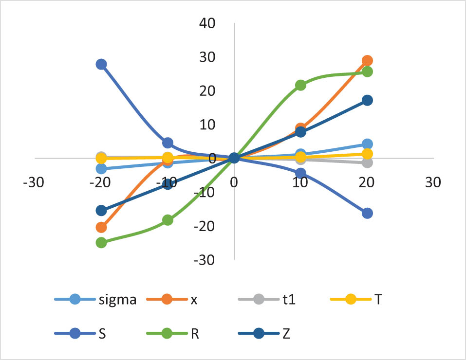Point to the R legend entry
click(x=181, y=333)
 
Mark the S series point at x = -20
click(x=101, y=64)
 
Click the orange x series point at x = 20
click(x=367, y=61)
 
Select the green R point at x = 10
click(x=300, y=85)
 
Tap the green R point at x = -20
click(x=101, y=242)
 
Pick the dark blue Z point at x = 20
click(x=367, y=100)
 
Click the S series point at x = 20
click(x=367, y=213)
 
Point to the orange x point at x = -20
click(x=101, y=227)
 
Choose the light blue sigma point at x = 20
click(x=367, y=144)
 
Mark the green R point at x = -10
click(x=168, y=220)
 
